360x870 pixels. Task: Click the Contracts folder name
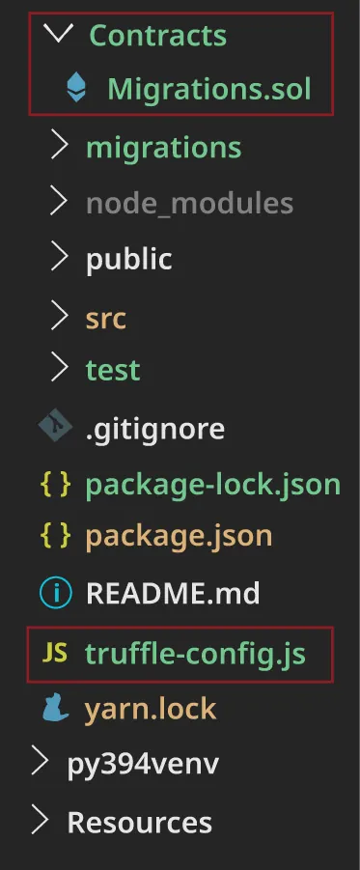click(x=157, y=36)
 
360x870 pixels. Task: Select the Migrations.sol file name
click(x=208, y=90)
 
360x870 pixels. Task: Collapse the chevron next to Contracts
click(x=60, y=35)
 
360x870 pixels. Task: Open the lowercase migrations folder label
click(x=163, y=148)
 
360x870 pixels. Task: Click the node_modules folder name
click(x=189, y=204)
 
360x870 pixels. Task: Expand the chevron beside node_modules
click(x=60, y=202)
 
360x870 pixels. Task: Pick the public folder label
click(x=128, y=259)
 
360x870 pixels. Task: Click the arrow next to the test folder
click(x=60, y=369)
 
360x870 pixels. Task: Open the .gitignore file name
click(x=155, y=428)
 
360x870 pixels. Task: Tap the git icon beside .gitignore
click(x=55, y=426)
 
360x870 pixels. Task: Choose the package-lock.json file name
click(x=213, y=483)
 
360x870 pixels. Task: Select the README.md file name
click(x=173, y=593)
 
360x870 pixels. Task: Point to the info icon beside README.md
click(x=55, y=592)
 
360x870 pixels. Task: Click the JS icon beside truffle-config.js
click(x=55, y=653)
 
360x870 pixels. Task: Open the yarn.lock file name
click(x=150, y=710)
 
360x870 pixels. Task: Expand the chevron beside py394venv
click(x=41, y=763)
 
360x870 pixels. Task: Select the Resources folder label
click(x=139, y=822)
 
